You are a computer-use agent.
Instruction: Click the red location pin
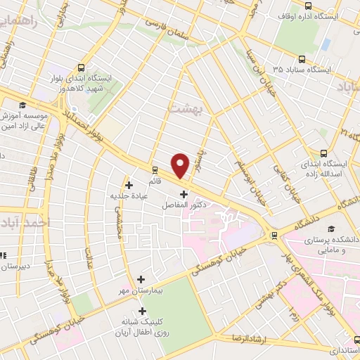tap(181, 165)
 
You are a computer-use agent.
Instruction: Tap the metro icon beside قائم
tap(155, 169)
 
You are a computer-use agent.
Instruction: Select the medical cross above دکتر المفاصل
tap(184, 194)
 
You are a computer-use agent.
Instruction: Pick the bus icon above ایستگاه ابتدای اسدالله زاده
tap(324, 153)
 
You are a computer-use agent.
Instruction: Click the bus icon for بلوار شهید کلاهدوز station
tap(82, 69)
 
